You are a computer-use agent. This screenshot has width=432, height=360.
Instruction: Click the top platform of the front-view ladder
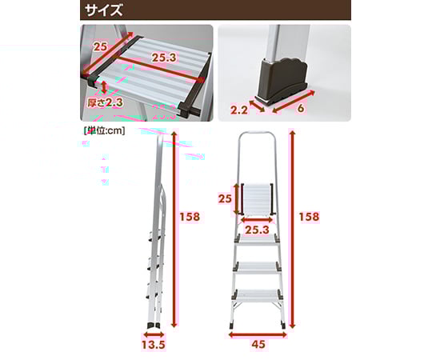pyautogui.click(x=256, y=198)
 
